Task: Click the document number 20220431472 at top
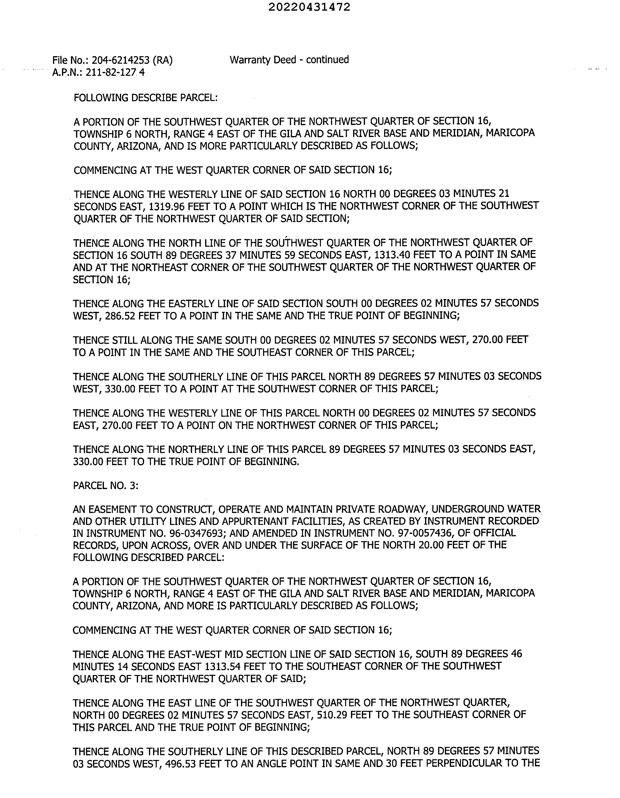(x=309, y=7)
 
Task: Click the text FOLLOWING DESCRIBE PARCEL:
(x=146, y=98)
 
